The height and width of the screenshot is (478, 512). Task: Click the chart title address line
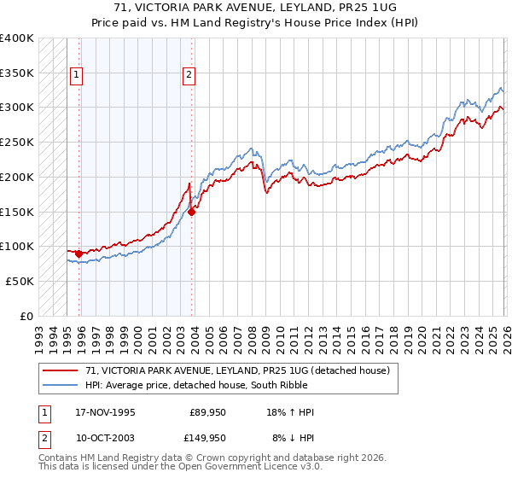coord(256,7)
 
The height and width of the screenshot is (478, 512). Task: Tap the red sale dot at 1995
coord(79,254)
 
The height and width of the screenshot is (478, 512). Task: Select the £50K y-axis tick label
coord(20,281)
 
